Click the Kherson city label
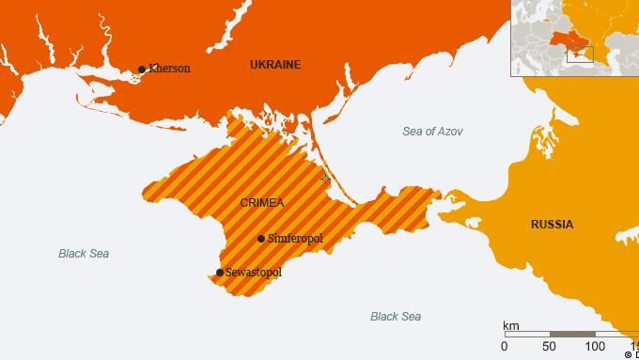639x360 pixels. pyautogui.click(x=169, y=69)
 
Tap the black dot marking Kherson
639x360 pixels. pyautogui.click(x=142, y=69)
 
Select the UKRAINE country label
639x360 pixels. pyautogui.click(x=275, y=65)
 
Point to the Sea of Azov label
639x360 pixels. pyautogui.click(x=432, y=132)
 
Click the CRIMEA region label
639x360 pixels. pyautogui.click(x=262, y=203)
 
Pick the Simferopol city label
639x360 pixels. pyautogui.click(x=295, y=239)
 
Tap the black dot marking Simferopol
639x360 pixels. pyautogui.click(x=261, y=239)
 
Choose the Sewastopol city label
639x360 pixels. pyautogui.click(x=254, y=273)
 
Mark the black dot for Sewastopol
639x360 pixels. pyautogui.click(x=220, y=273)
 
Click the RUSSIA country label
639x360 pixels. pyautogui.click(x=552, y=225)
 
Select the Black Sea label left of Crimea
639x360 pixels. pyautogui.click(x=84, y=254)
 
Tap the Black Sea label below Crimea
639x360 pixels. pyautogui.click(x=396, y=317)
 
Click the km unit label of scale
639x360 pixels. pyautogui.click(x=511, y=324)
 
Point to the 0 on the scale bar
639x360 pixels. pyautogui.click(x=506, y=347)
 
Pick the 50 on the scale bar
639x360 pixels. pyautogui.click(x=550, y=347)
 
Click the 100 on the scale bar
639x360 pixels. pyautogui.click(x=595, y=347)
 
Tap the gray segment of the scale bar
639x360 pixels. pyautogui.click(x=572, y=334)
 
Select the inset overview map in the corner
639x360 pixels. pyautogui.click(x=575, y=38)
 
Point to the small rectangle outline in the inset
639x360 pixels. pyautogui.click(x=579, y=54)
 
